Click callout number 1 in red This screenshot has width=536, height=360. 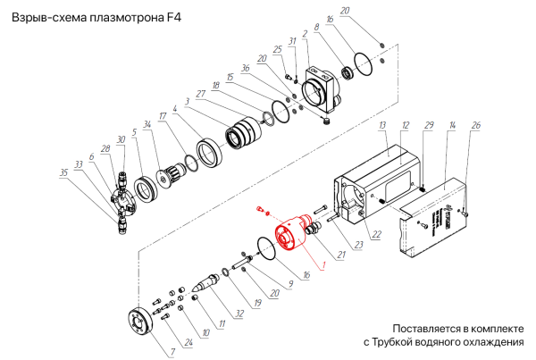coord(323,265)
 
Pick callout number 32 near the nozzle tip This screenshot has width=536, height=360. coord(239,315)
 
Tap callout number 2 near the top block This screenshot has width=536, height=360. coord(306,34)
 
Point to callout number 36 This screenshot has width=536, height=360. coord(270,69)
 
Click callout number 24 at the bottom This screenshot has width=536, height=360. coord(188,341)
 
